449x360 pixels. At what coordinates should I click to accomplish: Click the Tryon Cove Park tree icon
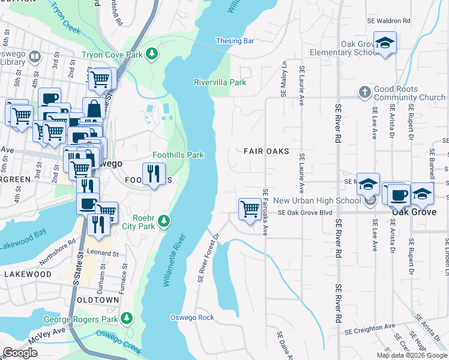click(152, 54)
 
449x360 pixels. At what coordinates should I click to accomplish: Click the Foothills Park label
click(178, 155)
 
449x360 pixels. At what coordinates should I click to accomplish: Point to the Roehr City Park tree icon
click(163, 222)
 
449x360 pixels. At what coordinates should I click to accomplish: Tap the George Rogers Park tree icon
click(126, 317)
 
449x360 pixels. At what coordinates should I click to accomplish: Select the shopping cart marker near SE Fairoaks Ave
click(250, 209)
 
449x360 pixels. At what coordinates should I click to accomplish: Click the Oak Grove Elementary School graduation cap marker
click(385, 43)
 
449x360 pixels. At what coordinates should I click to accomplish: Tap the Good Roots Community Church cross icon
click(364, 92)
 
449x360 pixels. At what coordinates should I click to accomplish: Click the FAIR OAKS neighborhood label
click(266, 151)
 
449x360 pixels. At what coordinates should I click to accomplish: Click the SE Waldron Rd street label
click(388, 20)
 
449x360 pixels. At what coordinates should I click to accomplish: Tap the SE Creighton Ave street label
click(370, 329)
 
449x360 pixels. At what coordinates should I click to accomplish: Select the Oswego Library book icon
click(34, 57)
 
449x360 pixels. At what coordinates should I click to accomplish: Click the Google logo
click(20, 353)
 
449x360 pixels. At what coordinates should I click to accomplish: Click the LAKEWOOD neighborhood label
click(28, 274)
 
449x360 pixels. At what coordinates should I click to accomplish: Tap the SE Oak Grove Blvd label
click(304, 212)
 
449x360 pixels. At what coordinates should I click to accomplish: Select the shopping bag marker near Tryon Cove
click(94, 109)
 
